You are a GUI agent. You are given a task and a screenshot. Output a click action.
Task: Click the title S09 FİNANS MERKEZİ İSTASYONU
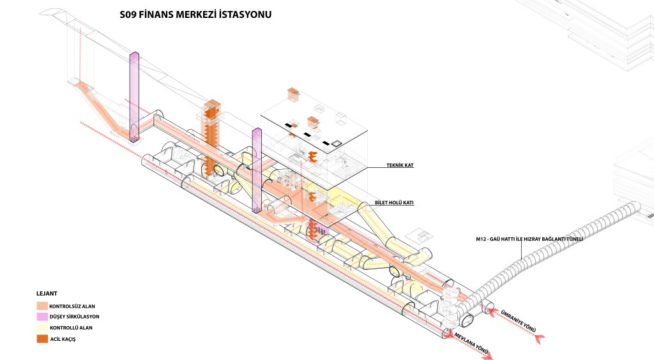point(195,14)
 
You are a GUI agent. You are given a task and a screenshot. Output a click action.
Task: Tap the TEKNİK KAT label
point(400,165)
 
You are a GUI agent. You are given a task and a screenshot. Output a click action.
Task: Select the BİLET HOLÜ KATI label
point(395,202)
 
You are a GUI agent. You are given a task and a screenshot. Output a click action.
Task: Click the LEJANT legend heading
point(46,294)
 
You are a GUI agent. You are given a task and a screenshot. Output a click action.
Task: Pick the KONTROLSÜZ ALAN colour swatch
point(42,306)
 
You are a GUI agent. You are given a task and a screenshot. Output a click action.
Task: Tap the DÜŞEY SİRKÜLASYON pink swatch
point(42,317)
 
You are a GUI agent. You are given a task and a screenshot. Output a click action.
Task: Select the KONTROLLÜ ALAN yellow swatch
point(42,327)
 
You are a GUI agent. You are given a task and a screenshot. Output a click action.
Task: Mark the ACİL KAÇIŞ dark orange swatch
point(42,338)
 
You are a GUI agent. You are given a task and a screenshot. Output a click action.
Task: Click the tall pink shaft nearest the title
point(134,96)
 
